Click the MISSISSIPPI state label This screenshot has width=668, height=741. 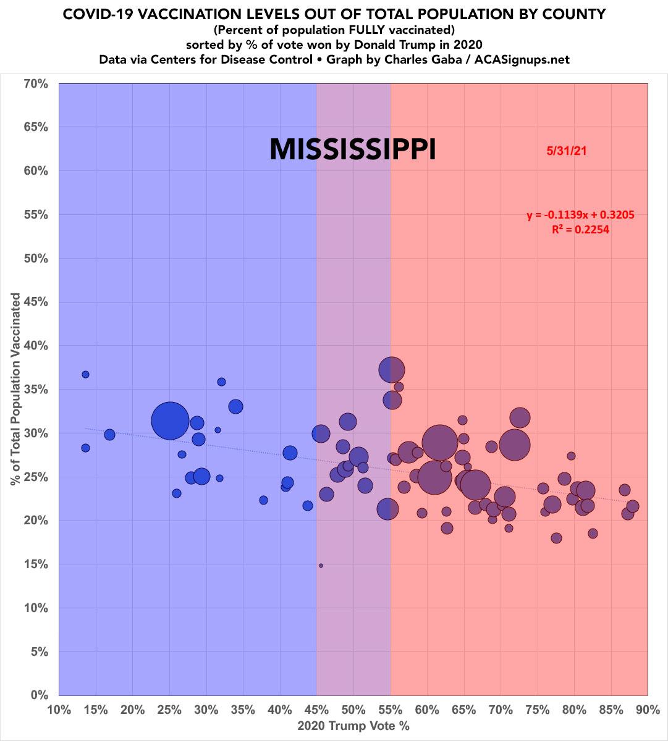pyautogui.click(x=353, y=149)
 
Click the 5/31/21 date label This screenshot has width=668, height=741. pyautogui.click(x=565, y=151)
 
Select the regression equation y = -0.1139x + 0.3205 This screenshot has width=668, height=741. pyautogui.click(x=580, y=216)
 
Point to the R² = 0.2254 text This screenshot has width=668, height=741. pyautogui.click(x=580, y=230)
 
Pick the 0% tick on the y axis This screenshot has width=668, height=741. pyautogui.click(x=38, y=695)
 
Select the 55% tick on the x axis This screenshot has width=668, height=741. pyautogui.click(x=390, y=710)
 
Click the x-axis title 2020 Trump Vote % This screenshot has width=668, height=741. pyautogui.click(x=353, y=726)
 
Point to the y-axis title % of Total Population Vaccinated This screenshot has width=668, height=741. pyautogui.click(x=15, y=389)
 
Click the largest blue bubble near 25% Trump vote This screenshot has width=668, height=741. pyautogui.click(x=170, y=421)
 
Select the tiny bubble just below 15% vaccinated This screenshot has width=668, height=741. pyautogui.click(x=321, y=565)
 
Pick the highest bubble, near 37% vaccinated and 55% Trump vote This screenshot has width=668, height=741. pyautogui.click(x=392, y=370)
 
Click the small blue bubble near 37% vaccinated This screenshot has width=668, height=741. pyautogui.click(x=85, y=375)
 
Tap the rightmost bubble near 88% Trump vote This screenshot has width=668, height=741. pyautogui.click(x=632, y=507)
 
